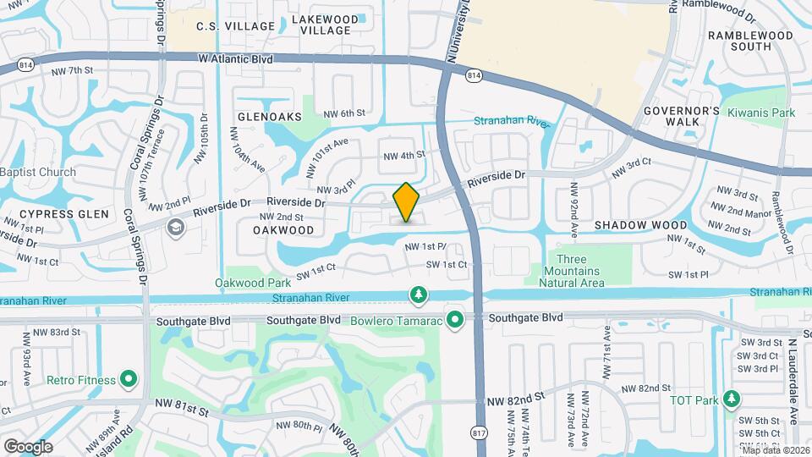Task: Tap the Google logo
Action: click(28, 447)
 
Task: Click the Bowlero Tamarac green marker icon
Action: click(455, 320)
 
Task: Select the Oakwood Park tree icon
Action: click(417, 294)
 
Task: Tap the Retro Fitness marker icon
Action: click(129, 379)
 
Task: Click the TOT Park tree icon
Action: click(732, 399)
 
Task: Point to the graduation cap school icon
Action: click(175, 226)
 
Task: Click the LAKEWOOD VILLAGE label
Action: click(326, 25)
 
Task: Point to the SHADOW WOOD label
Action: click(640, 225)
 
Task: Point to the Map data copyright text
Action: click(776, 450)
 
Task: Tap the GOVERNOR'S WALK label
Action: click(681, 116)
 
